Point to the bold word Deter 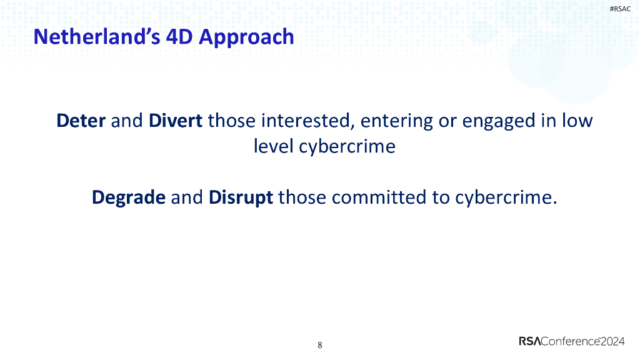tap(81, 120)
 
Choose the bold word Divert tap(176, 120)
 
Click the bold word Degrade tap(129, 197)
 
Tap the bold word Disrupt tap(241, 197)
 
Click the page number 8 tap(320, 345)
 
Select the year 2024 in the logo tap(613, 341)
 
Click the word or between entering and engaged tap(448, 120)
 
